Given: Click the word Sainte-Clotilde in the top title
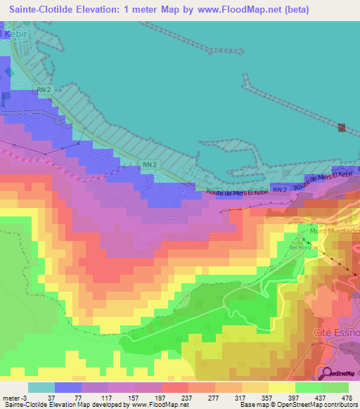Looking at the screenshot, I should tap(40, 9).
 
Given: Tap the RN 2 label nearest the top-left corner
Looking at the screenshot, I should tap(44, 89).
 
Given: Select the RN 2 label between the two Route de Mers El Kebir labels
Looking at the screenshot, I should tap(280, 190).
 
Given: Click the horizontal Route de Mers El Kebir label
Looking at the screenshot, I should tap(236, 193).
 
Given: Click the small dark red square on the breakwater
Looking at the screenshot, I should tap(342, 127).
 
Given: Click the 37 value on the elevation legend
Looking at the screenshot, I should tap(51, 397).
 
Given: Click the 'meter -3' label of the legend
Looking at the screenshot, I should tap(15, 397).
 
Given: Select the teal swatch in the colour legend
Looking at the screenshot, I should tap(41, 387).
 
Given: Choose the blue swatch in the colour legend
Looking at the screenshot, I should tap(67, 387).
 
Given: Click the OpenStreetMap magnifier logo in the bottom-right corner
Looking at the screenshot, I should tap(328, 373).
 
